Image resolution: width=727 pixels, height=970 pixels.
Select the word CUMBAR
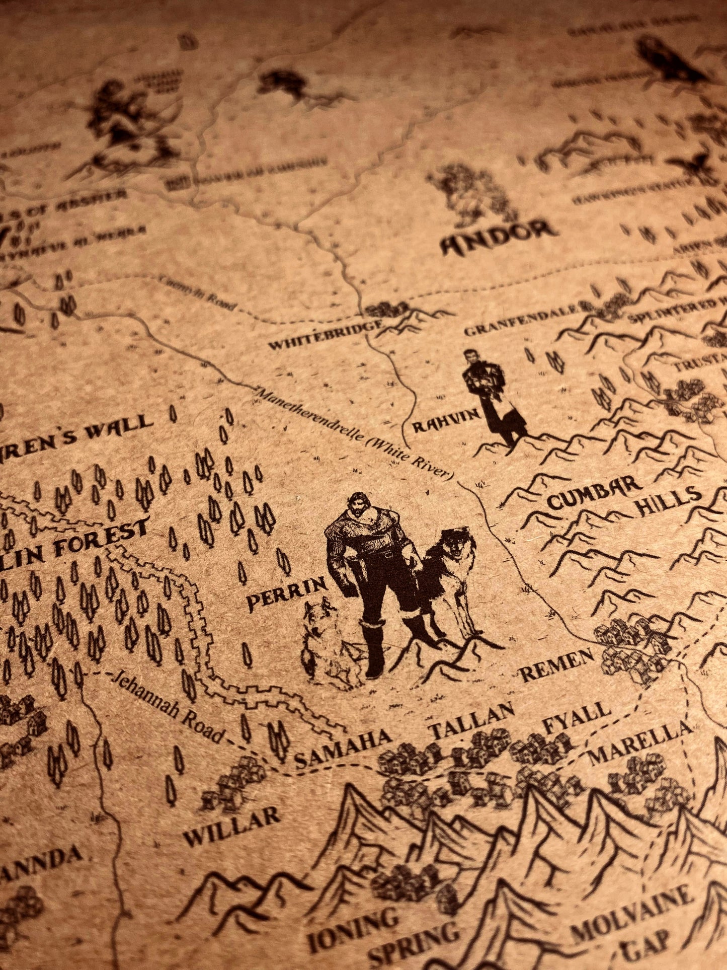594,493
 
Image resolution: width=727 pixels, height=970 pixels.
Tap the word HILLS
669,498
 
